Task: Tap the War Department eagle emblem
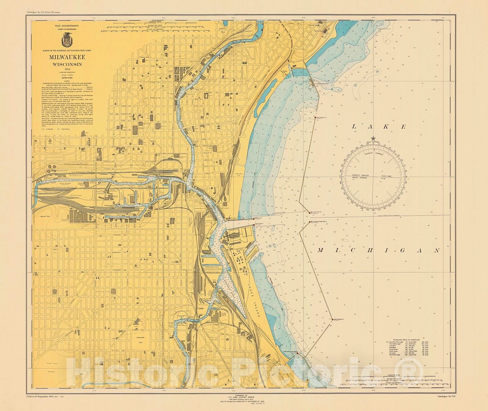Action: point(67,39)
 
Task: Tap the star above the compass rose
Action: point(373,139)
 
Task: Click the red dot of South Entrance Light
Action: point(332,319)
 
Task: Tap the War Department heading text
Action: point(67,26)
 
